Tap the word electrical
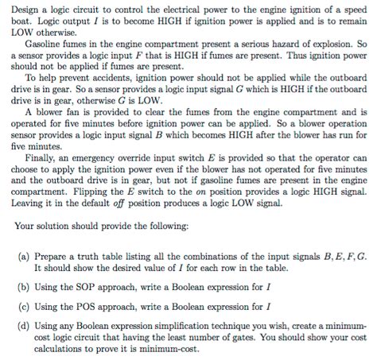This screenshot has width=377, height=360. click(x=163, y=8)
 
